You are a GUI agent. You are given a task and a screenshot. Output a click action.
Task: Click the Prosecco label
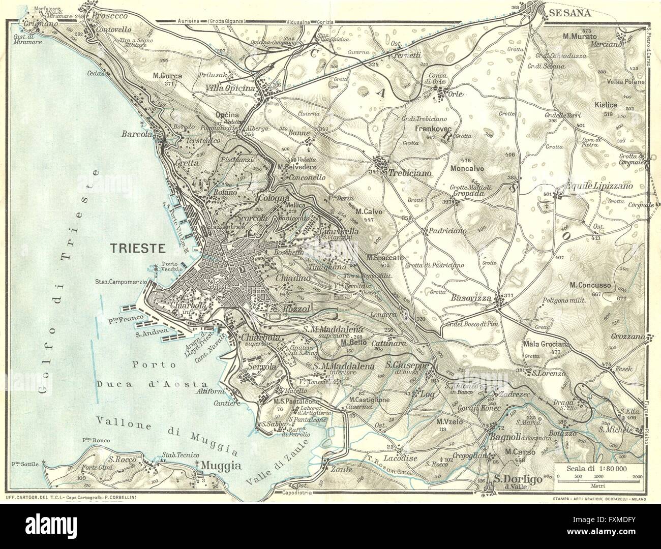coord(112,16)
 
